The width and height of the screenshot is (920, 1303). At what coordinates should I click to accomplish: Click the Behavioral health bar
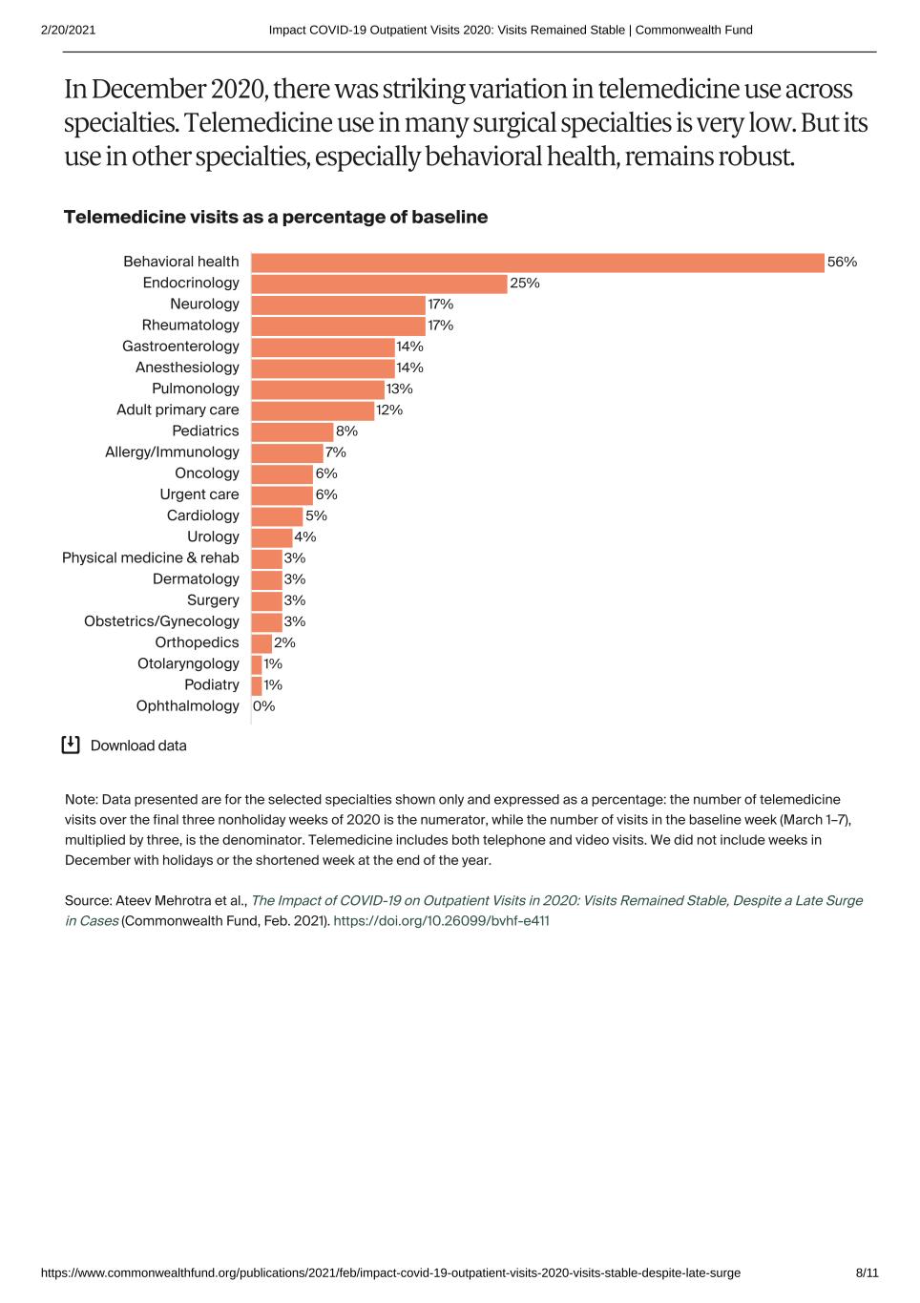point(537,263)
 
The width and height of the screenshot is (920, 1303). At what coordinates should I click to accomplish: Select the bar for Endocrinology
point(379,284)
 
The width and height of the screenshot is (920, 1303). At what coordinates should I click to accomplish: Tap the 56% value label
point(842,263)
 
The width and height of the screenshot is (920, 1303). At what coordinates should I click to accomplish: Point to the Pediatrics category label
point(205,431)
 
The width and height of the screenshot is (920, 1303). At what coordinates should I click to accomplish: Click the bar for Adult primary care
point(312,410)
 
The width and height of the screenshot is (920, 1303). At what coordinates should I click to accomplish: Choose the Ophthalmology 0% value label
point(264,706)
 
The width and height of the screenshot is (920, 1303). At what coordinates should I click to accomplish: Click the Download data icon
point(71,746)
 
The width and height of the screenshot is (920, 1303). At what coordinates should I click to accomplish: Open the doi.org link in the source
point(441,921)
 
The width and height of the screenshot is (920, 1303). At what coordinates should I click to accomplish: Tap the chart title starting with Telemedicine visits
point(275,218)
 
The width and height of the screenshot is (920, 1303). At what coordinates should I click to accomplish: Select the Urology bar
point(271,537)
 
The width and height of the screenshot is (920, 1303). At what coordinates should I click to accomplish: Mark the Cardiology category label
point(202,516)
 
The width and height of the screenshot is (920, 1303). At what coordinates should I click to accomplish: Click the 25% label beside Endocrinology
point(525,284)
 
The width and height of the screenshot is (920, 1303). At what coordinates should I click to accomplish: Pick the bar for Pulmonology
point(318,389)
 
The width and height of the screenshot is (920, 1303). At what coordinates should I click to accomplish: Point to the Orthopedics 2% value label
point(284,643)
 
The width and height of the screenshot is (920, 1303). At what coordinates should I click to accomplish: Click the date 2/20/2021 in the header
point(68,30)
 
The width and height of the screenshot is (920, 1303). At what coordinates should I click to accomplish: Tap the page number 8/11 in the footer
point(867,1273)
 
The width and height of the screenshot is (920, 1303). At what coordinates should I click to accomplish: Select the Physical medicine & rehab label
point(150,558)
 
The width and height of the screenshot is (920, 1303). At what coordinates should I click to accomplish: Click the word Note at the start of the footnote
point(80,800)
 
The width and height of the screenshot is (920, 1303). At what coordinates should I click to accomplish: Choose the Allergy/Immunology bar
point(286,452)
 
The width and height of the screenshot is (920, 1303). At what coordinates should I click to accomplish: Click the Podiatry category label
point(211,685)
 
